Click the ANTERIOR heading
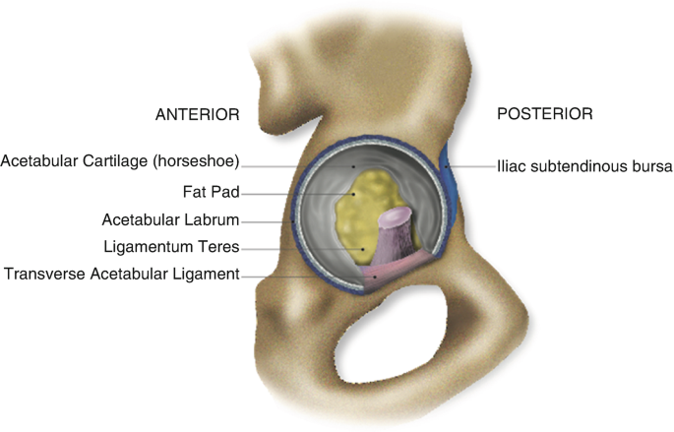(x=197, y=114)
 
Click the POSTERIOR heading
(x=544, y=114)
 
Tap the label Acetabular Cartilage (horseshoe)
(x=120, y=161)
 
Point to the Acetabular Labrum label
(x=171, y=219)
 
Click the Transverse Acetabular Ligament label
(x=121, y=275)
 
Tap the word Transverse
(x=38, y=275)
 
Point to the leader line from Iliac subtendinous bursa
(x=472, y=167)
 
